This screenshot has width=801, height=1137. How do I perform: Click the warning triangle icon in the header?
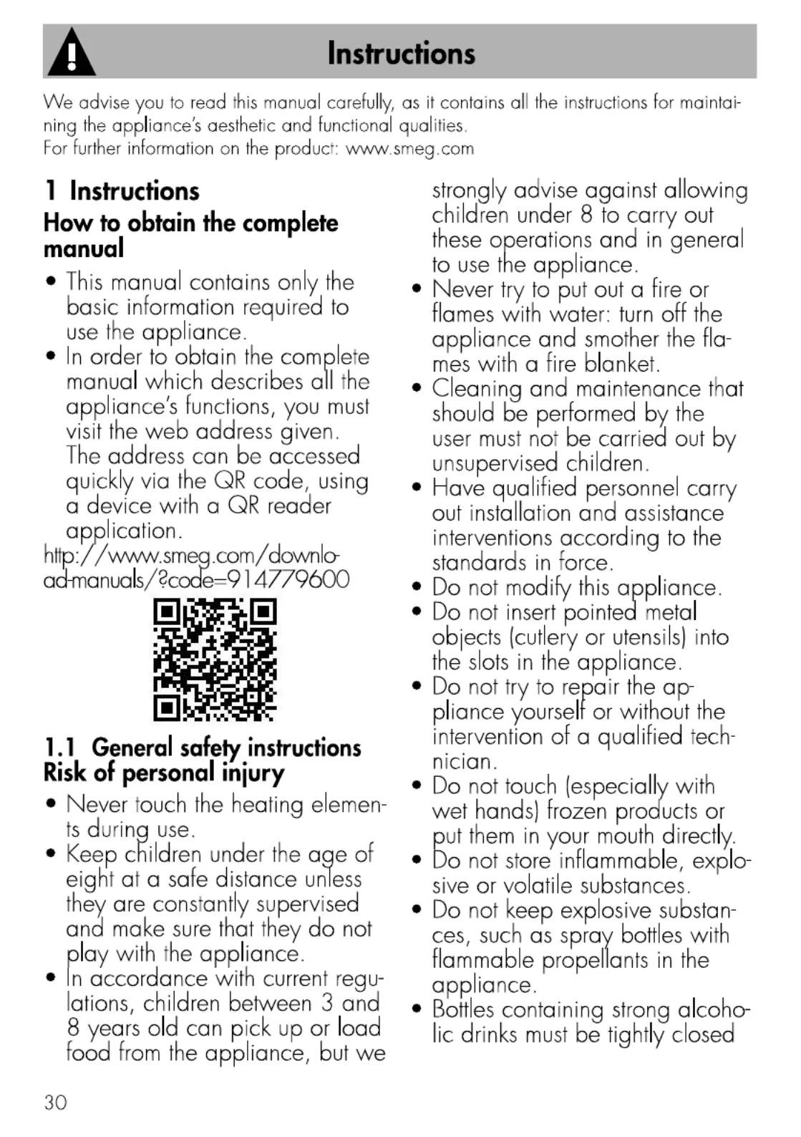tap(71, 53)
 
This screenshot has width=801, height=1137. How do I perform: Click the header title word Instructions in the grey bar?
tap(401, 53)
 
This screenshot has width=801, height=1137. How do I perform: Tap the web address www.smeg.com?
tap(409, 149)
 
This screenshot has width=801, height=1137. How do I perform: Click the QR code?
tap(215, 660)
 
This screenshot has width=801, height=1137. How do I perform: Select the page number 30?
tap(55, 1102)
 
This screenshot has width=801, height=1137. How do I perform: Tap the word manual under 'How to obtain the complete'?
tap(84, 249)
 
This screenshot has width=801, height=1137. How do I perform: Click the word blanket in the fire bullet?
tap(621, 364)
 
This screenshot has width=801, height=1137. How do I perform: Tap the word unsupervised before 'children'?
tap(495, 463)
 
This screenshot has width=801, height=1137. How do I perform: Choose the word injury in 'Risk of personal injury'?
tap(253, 773)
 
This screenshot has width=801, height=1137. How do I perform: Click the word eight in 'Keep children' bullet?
tap(89, 879)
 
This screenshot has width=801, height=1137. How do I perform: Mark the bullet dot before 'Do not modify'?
tap(417, 588)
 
